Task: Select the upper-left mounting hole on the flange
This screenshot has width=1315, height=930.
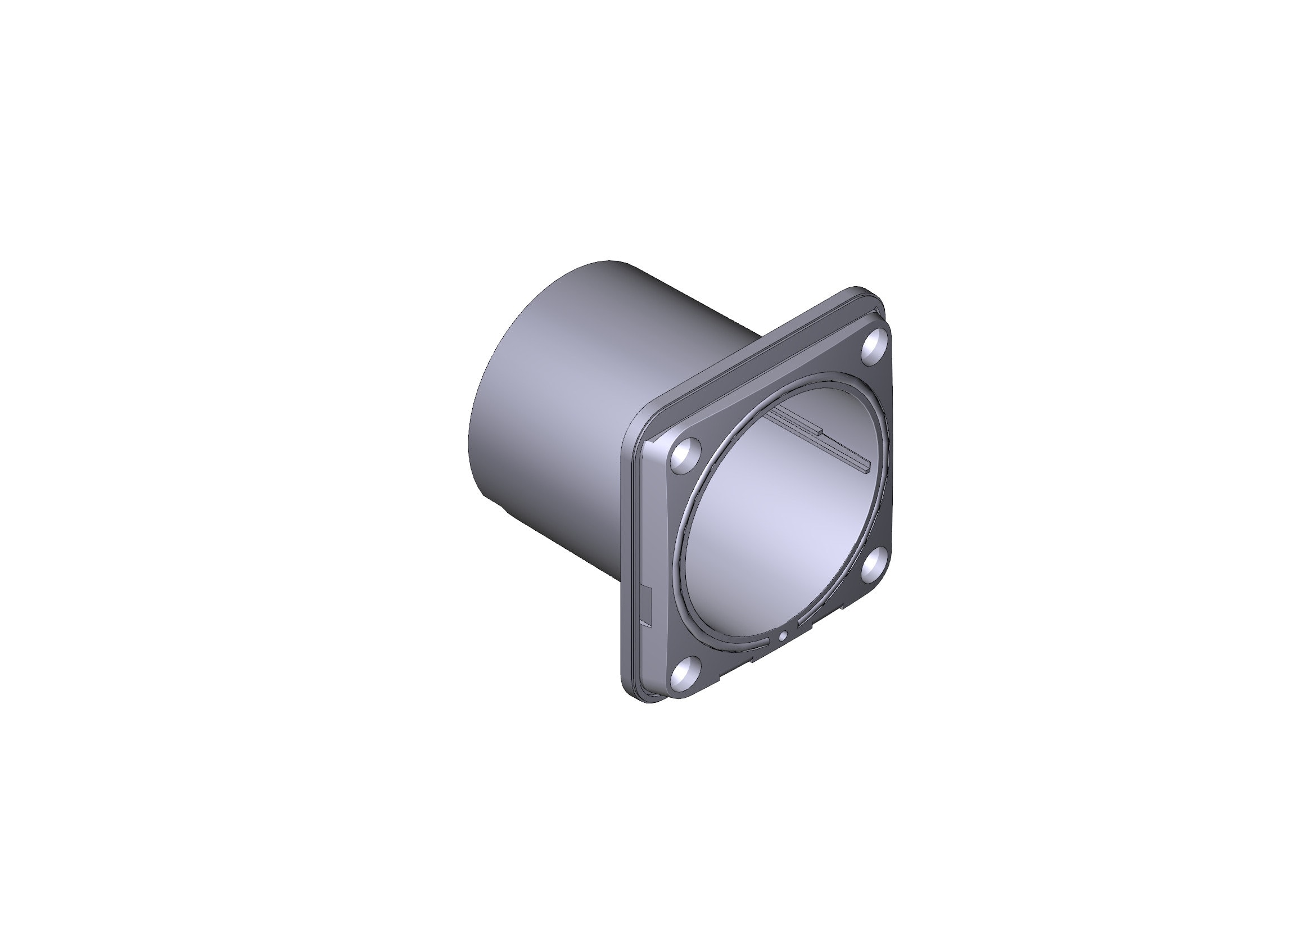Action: click(x=686, y=455)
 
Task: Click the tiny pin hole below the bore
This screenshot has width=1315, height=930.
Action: click(x=783, y=635)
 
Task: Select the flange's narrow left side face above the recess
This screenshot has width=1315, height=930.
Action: click(x=630, y=516)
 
